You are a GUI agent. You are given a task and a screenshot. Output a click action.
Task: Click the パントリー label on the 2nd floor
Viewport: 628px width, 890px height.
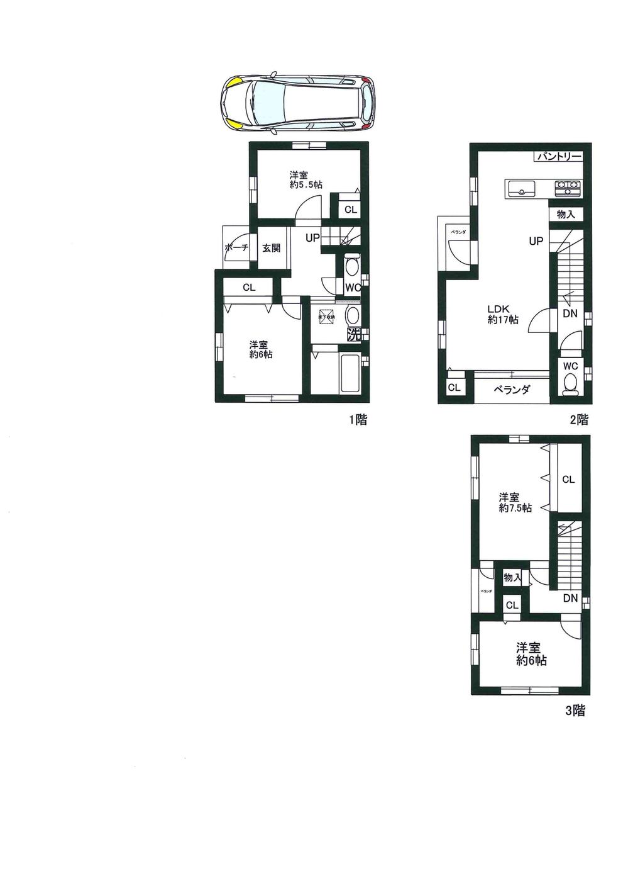coord(559,157)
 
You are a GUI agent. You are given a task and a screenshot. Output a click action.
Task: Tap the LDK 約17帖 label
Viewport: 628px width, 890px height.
coord(503,314)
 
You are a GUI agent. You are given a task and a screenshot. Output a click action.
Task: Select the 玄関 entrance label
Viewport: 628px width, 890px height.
coord(271,248)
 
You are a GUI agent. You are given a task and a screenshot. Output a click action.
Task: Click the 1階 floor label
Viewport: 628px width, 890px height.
coord(358,420)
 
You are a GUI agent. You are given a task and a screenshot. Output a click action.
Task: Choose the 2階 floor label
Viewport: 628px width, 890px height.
coord(579,420)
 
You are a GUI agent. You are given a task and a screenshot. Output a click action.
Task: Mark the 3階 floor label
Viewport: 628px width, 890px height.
coord(575,711)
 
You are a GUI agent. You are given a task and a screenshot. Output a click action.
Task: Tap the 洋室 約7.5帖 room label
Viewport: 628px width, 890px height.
coord(515,502)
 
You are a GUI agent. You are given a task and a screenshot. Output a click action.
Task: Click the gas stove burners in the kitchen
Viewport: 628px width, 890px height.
coord(568,187)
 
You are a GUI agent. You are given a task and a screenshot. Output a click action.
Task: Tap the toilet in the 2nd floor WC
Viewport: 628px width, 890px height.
coord(571,383)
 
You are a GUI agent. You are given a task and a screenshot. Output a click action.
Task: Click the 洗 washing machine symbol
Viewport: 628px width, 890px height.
coord(354,335)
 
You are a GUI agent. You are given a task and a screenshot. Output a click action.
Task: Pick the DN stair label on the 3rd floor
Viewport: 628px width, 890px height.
coord(570,599)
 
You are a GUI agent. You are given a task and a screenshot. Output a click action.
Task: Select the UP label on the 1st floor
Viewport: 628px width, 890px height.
coord(312,238)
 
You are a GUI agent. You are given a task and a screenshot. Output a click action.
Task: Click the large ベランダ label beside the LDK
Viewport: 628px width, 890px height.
coord(511,390)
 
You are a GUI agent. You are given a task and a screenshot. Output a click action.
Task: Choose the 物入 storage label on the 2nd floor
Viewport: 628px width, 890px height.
coord(566,215)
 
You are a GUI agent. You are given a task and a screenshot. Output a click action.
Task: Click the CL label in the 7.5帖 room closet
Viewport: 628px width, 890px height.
coord(568,480)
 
